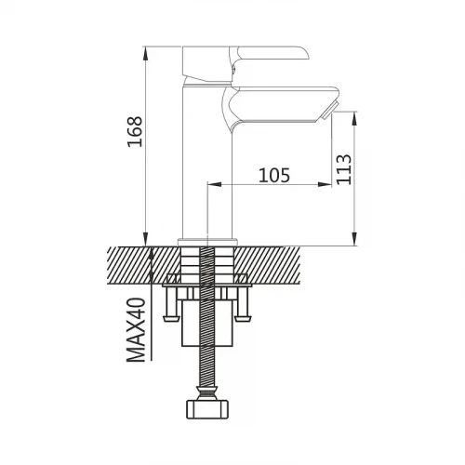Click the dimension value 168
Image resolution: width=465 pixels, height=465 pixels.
(135, 131)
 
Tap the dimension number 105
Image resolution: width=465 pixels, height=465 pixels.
(274, 175)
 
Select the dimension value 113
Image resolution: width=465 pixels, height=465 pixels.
(344, 169)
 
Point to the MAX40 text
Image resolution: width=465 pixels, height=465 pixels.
(136, 330)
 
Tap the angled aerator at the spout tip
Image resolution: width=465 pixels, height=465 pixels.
(327, 111)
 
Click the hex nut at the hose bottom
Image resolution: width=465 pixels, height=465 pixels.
(207, 409)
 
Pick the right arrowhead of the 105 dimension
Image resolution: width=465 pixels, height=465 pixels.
(325, 184)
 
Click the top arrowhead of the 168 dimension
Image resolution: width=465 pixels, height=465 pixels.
(145, 54)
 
